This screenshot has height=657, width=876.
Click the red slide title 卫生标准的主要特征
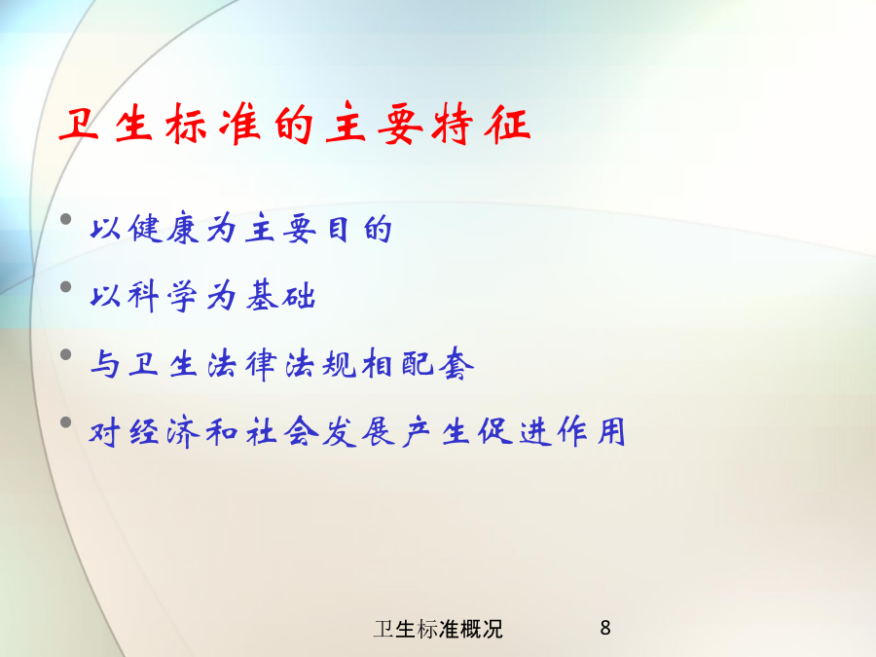click(x=294, y=124)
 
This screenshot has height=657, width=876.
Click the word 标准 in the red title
click(x=213, y=124)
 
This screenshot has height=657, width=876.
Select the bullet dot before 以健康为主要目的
click(x=66, y=219)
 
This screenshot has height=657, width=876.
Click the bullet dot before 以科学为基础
click(x=66, y=286)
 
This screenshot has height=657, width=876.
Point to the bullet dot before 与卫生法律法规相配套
click(x=66, y=354)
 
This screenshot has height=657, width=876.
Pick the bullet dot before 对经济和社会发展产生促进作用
click(x=66, y=421)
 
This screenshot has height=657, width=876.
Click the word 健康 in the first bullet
click(x=164, y=228)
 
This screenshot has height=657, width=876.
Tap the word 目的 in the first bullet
click(x=359, y=229)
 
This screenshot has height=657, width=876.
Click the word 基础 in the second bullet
click(x=281, y=296)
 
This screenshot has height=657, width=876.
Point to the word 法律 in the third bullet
click(x=242, y=364)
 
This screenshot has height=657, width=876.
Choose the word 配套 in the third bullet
click(x=437, y=364)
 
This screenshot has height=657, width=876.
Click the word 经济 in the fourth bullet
click(x=164, y=432)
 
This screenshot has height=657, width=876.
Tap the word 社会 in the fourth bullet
click(x=282, y=432)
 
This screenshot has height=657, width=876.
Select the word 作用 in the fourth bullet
click(x=592, y=432)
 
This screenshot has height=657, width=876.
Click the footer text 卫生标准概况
click(x=438, y=629)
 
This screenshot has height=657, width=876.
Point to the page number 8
click(x=605, y=628)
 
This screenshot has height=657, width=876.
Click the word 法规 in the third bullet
click(x=320, y=364)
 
